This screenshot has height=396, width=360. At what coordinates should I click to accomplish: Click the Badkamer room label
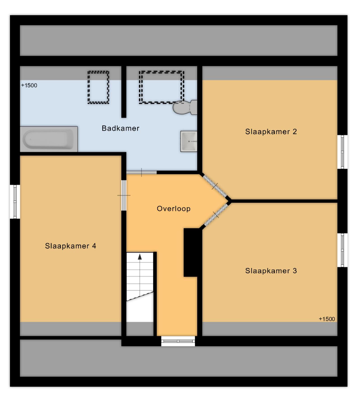(120, 128)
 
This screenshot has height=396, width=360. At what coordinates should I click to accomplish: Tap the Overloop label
(174, 209)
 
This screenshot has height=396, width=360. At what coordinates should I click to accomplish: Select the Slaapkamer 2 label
(271, 132)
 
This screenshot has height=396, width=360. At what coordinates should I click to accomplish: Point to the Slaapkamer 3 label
(271, 271)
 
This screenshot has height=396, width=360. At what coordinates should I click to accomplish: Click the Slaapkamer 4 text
(70, 246)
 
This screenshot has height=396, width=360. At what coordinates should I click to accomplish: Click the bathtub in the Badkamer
(49, 139)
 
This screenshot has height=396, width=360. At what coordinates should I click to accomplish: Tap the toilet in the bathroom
(185, 107)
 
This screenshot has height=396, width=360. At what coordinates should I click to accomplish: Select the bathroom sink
(188, 142)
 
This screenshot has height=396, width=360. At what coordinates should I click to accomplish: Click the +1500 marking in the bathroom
(29, 85)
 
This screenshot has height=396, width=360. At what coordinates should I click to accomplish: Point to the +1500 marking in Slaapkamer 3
(327, 319)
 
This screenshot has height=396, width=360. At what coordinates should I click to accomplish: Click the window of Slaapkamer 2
(342, 152)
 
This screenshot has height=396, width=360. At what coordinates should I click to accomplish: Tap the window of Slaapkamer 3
(342, 250)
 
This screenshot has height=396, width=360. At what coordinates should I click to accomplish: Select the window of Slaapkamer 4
(15, 202)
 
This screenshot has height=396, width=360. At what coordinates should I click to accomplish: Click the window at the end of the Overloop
(178, 341)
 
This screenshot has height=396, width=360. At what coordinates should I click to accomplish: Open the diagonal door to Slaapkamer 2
(215, 186)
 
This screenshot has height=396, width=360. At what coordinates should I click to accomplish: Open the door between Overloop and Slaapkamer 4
(124, 195)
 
